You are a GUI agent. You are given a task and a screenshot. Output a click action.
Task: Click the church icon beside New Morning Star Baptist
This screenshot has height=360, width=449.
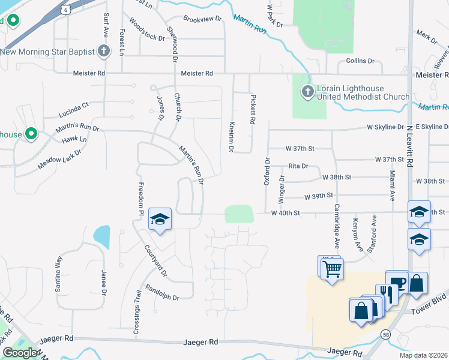[104, 51]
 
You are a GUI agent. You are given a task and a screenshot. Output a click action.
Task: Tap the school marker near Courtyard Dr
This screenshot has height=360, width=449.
[160, 220]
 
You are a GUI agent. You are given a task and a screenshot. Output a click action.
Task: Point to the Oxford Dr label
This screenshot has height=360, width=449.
[268, 172]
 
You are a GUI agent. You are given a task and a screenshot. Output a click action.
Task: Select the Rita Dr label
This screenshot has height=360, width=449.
[298, 166]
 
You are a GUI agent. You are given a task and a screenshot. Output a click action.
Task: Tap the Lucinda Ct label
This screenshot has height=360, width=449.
[73, 109]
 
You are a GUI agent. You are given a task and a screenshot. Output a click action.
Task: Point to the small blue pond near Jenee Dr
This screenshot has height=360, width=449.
[101, 237]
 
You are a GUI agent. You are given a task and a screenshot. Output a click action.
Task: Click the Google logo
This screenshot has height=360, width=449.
[20, 353]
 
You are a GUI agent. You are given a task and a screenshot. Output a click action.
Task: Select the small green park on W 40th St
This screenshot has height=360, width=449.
[239, 214]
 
